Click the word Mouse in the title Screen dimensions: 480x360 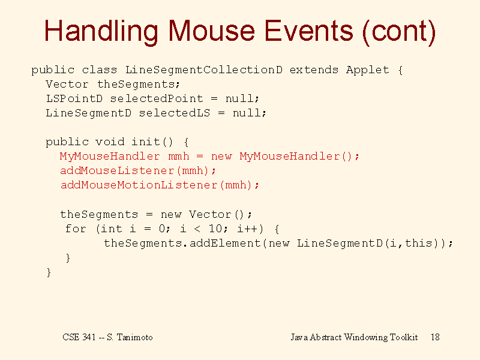pyautogui.click(x=211, y=31)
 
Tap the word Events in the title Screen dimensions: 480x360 pyautogui.click(x=308, y=31)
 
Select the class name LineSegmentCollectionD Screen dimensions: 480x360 pyautogui.click(x=204, y=70)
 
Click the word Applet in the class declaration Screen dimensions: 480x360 pyautogui.click(x=368, y=70)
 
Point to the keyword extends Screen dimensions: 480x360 pyautogui.click(x=314, y=70)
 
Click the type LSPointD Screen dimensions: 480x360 pyautogui.click(x=74, y=98)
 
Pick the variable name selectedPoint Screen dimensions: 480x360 pyautogui.click(x=157, y=98)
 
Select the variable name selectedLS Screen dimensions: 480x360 pyautogui.click(x=175, y=113)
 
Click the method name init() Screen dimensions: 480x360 pyautogui.click(x=152, y=142)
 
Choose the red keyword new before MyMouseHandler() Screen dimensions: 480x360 pyautogui.click(x=221, y=157)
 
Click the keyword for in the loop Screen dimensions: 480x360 pyautogui.click(x=76, y=229)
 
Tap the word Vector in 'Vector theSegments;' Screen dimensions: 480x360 pyautogui.click(x=67, y=84)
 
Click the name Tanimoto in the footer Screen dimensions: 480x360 pyautogui.click(x=134, y=337)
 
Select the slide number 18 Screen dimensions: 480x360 pyautogui.click(x=435, y=337)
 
